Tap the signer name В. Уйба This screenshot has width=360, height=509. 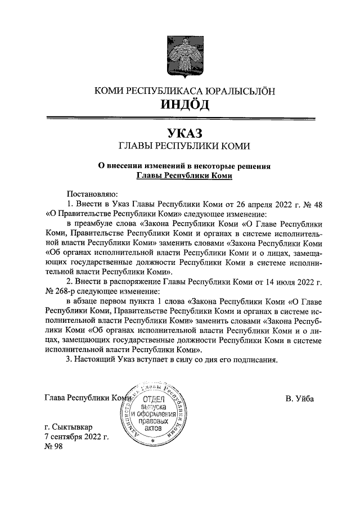pyautogui.click(x=299, y=399)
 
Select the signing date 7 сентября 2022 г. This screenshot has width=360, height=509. pyautogui.click(x=76, y=436)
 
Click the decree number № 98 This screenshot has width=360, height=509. pyautogui.click(x=54, y=446)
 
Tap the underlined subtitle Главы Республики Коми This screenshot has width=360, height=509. pyautogui.click(x=184, y=175)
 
